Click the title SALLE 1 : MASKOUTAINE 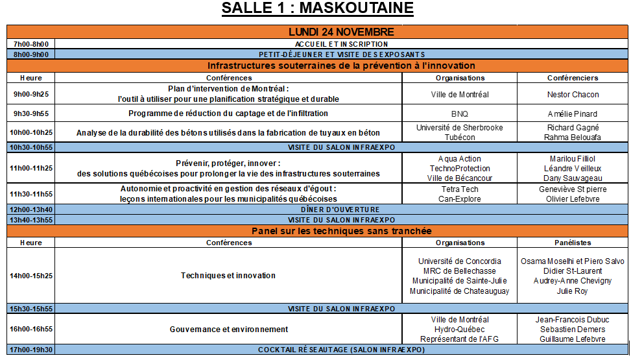click(317, 9)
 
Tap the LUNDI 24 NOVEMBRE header click(341, 32)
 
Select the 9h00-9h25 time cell click(31, 94)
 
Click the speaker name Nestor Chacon click(573, 94)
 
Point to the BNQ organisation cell click(459, 114)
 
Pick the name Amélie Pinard click(573, 114)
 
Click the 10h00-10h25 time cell click(31, 133)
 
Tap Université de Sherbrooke click(459, 128)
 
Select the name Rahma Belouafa click(573, 138)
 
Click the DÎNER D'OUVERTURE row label click(340, 210)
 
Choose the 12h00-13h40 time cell click(31, 210)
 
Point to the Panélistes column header click(573, 243)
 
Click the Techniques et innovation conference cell click(228, 276)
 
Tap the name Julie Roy click(573, 291)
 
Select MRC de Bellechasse click(459, 270)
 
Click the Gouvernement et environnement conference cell click(228, 330)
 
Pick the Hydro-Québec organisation click(459, 330)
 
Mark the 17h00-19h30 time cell click(31, 350)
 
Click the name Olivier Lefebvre click(573, 199)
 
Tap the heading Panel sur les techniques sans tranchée click(341, 231)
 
